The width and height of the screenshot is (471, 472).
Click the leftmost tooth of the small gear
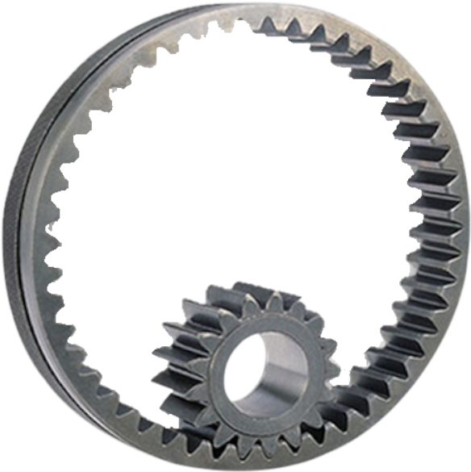click(161, 355)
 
